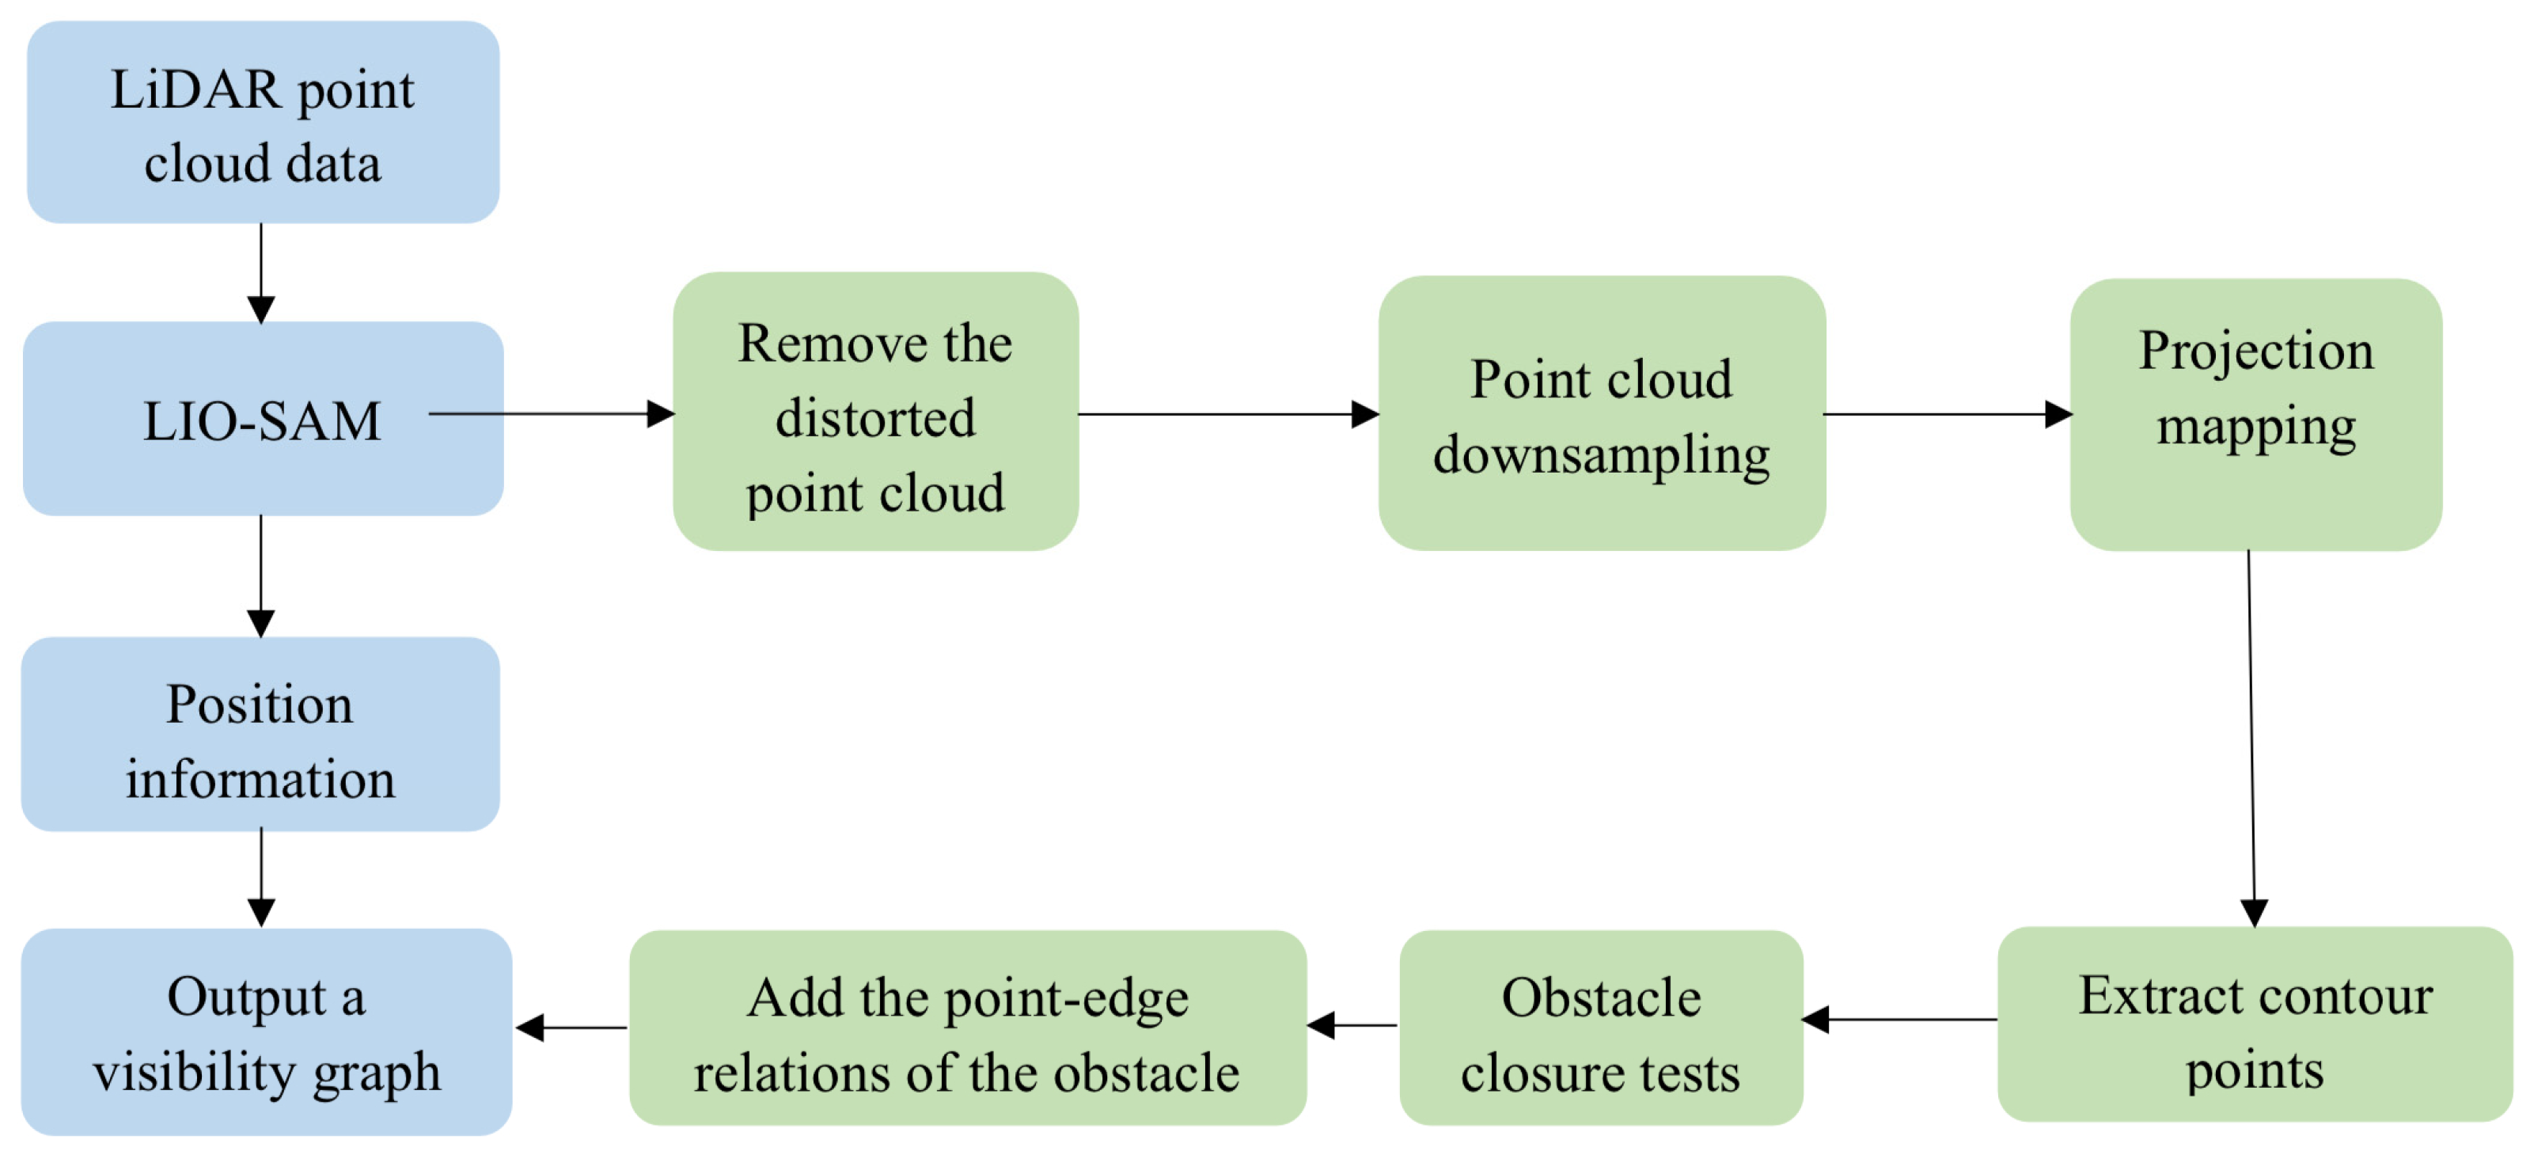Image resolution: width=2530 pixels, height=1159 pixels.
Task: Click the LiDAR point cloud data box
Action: pos(262,123)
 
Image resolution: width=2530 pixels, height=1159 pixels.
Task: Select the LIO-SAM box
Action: pos(262,420)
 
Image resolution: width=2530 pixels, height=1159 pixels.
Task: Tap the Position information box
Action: pos(260,735)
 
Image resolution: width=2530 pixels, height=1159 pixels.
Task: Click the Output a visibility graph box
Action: pos(266,1032)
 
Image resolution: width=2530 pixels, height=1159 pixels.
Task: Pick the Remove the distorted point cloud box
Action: pos(875,412)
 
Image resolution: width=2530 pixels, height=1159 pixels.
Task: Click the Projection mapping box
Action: pos(2255,415)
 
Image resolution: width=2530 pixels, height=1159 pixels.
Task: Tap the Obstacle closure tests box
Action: pos(1600,1028)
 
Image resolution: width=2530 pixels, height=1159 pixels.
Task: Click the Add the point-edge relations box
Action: pos(967,1028)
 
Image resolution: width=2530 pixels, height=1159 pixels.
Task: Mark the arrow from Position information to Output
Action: pos(261,877)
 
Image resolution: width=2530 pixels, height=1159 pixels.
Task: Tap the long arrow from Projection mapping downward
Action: pos(2251,737)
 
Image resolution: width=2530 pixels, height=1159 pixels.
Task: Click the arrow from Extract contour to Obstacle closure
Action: pos(1899,1020)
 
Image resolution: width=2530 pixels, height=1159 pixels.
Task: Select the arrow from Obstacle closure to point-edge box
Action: pos(1352,1025)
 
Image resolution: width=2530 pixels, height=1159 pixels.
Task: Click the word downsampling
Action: pos(1601,454)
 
